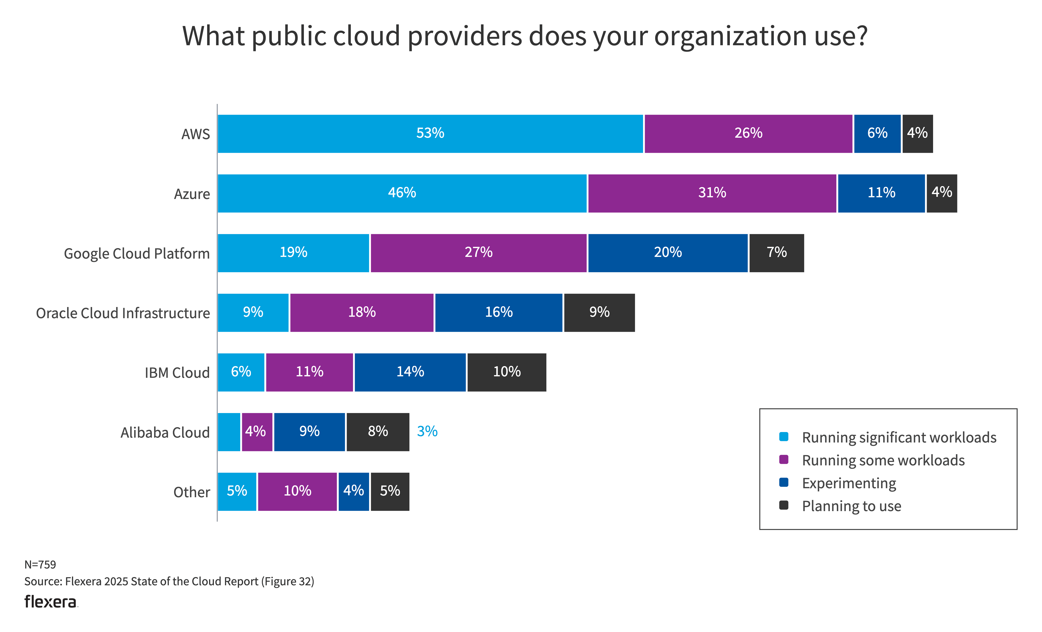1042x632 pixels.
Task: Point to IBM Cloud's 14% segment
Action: (410, 372)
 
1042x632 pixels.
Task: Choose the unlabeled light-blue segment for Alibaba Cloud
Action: (229, 432)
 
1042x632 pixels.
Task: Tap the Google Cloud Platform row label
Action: (137, 253)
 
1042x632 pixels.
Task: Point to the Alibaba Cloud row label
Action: (165, 432)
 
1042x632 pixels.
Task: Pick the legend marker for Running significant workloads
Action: (783, 437)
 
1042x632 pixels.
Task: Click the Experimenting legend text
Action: (849, 483)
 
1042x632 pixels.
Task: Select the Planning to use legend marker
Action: (783, 505)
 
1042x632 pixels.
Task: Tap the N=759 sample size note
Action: (40, 564)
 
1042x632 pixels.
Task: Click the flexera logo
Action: (51, 602)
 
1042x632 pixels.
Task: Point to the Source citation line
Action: (169, 581)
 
